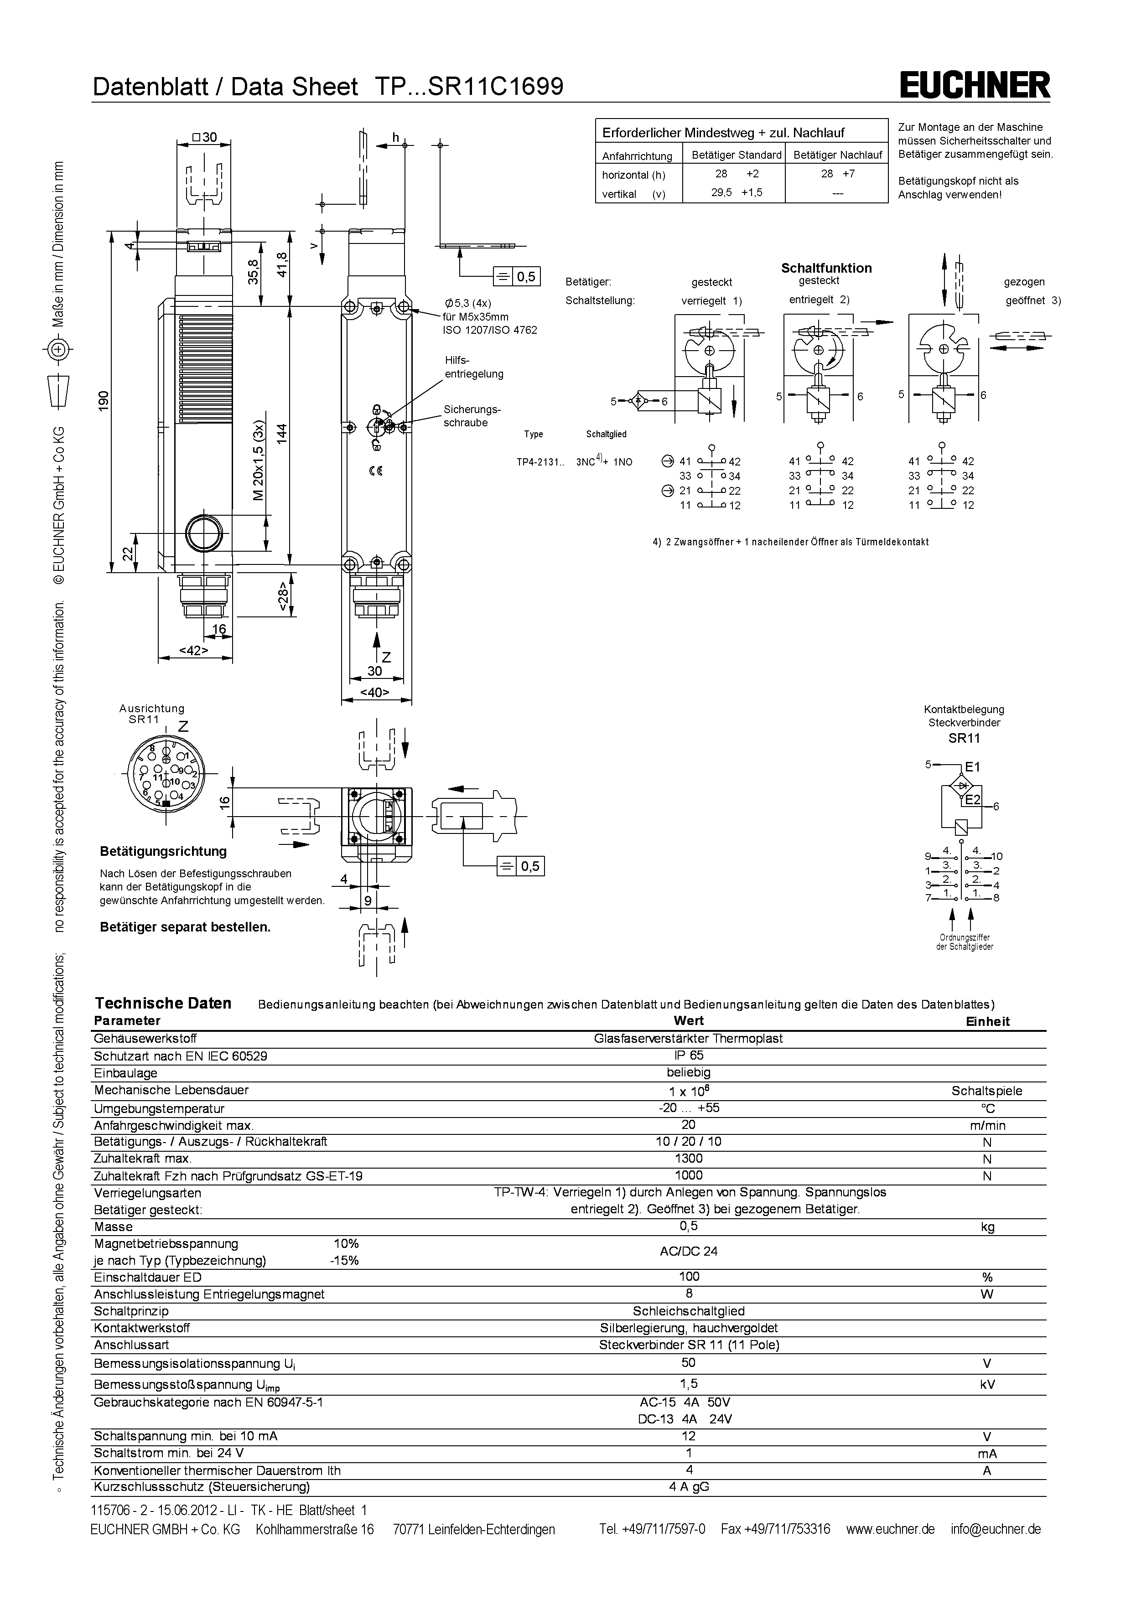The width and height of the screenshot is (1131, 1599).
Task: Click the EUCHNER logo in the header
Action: tap(975, 86)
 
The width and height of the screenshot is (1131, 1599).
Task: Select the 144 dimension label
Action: tap(281, 433)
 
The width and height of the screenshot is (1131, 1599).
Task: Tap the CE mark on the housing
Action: tap(375, 471)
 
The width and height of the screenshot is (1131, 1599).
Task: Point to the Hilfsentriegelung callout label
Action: tap(473, 367)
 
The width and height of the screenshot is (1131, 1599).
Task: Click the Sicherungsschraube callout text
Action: tap(472, 416)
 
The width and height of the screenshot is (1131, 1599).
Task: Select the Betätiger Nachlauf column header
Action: tap(837, 155)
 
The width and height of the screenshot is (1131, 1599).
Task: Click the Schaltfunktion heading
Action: tap(826, 268)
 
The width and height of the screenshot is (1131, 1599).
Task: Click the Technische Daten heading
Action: tap(163, 1004)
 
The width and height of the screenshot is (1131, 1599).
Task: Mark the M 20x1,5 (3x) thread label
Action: tap(259, 461)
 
